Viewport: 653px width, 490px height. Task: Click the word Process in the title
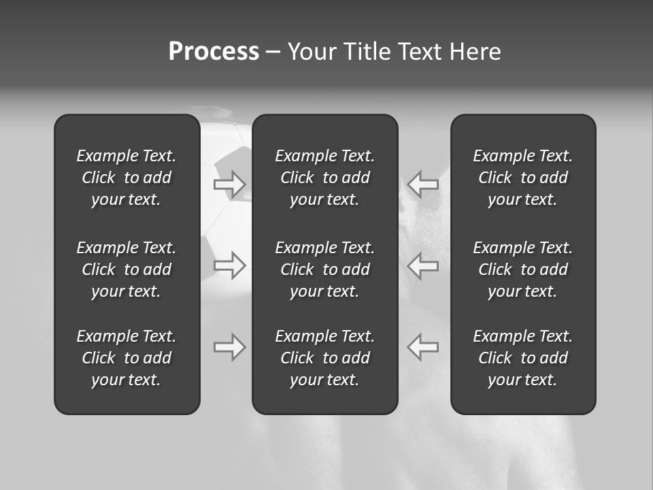click(x=214, y=52)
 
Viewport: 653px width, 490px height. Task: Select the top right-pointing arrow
click(x=230, y=184)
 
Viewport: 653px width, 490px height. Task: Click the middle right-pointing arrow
click(x=230, y=265)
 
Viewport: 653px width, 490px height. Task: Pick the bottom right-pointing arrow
click(x=230, y=346)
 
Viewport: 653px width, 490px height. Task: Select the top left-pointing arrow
click(x=422, y=184)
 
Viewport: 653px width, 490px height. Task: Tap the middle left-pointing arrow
click(x=422, y=265)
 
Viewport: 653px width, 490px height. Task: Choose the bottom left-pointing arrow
click(x=422, y=346)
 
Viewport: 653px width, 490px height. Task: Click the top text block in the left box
click(x=127, y=178)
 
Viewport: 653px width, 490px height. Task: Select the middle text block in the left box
click(x=127, y=269)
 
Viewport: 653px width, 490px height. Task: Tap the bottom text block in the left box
click(x=127, y=358)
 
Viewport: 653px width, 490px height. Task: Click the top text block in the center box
click(x=325, y=178)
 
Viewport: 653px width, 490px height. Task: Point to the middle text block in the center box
click(x=325, y=269)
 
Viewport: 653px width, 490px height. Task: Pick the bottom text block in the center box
click(x=325, y=358)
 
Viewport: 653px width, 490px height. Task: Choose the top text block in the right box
click(x=523, y=178)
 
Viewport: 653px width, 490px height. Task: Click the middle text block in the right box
click(x=523, y=269)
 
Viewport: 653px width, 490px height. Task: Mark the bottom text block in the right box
click(x=523, y=358)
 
